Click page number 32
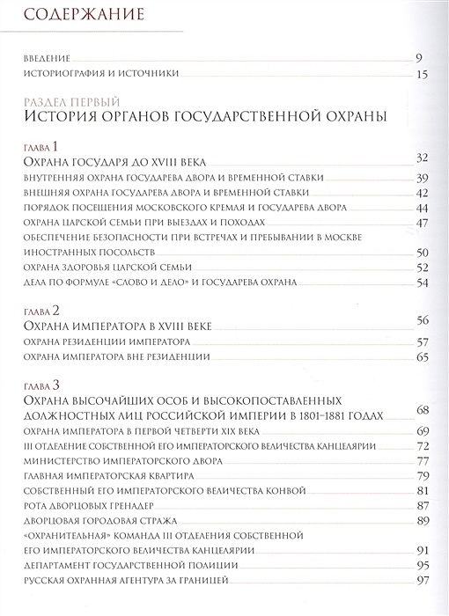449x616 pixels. click(421, 158)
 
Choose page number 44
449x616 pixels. click(421, 208)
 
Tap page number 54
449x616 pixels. click(421, 282)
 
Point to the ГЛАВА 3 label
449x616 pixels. click(41, 385)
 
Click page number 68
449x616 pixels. click(421, 411)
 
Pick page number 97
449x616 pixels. click(421, 580)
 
